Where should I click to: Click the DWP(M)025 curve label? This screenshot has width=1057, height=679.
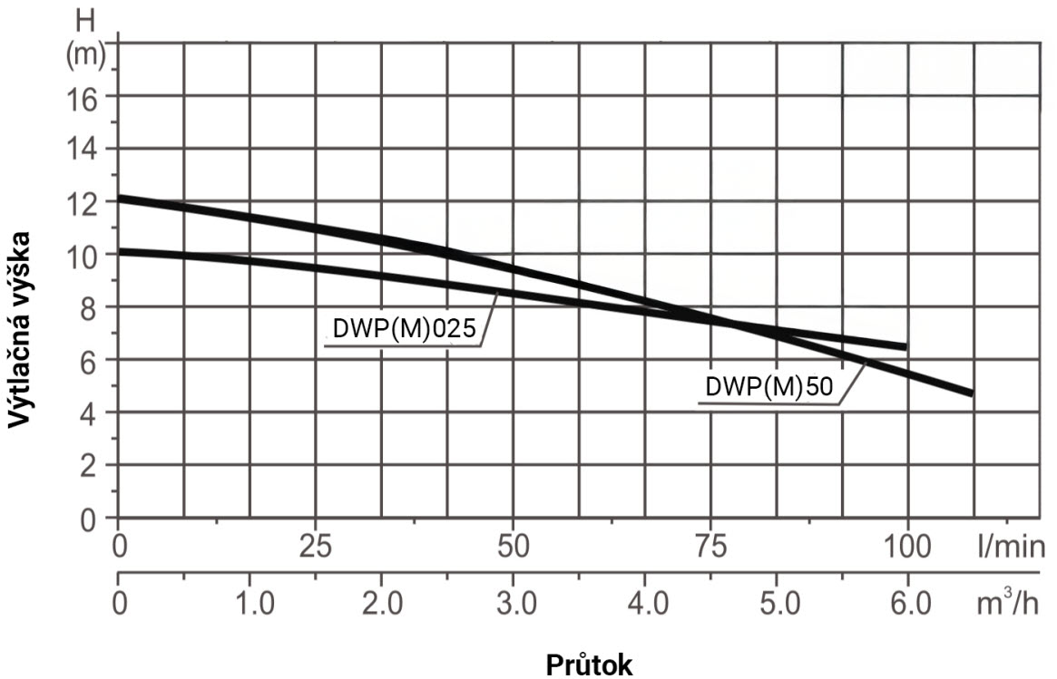tap(404, 330)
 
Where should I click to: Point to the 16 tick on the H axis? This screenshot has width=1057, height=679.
tap(86, 96)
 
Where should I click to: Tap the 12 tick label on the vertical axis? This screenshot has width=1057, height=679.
tap(86, 202)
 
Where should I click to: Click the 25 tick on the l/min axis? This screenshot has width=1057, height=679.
tap(315, 548)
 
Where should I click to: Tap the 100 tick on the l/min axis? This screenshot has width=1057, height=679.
tap(906, 548)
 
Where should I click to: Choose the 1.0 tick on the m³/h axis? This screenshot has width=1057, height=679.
tap(250, 604)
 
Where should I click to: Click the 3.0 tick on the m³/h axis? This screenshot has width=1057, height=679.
tap(513, 604)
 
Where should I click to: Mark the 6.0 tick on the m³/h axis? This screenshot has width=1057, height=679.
tap(907, 604)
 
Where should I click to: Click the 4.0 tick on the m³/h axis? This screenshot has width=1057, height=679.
tap(644, 604)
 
